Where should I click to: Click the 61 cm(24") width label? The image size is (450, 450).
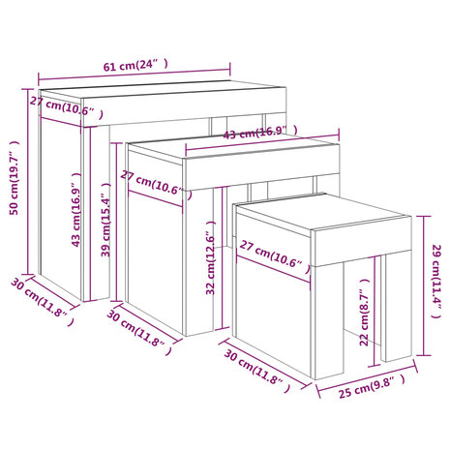click(135, 65)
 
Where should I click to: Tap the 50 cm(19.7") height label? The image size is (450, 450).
click(15, 178)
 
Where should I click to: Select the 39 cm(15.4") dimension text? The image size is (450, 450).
click(105, 220)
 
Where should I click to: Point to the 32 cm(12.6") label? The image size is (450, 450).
click(210, 257)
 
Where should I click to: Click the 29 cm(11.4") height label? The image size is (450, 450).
click(436, 282)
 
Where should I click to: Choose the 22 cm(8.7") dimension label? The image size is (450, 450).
click(364, 313)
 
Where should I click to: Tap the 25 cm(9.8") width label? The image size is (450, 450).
click(372, 387)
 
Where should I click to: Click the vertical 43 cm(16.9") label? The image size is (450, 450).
click(76, 210)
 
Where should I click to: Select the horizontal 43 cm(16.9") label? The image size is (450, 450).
click(260, 133)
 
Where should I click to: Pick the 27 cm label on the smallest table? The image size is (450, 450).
click(275, 255)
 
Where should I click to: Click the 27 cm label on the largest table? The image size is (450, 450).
click(67, 107)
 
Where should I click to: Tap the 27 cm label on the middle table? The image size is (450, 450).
click(156, 184)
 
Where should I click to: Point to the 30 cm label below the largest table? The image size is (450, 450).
click(43, 302)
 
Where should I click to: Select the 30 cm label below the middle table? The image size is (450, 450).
click(139, 332)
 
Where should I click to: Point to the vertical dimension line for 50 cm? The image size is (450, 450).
click(28, 181)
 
